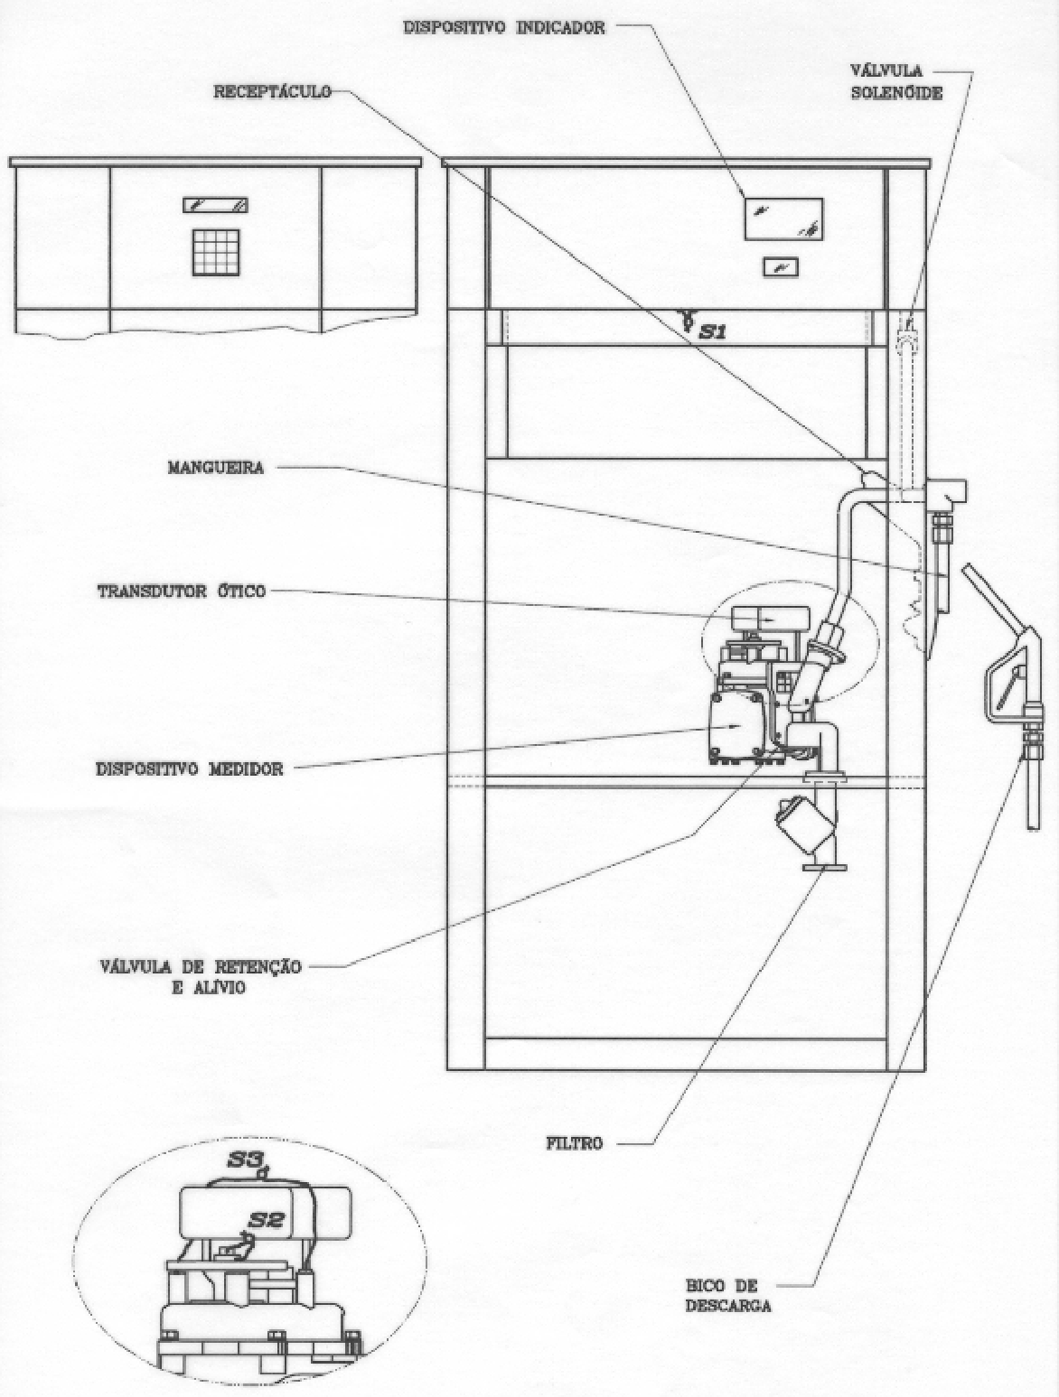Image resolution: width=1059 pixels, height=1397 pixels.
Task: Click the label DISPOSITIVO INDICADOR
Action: click(x=503, y=27)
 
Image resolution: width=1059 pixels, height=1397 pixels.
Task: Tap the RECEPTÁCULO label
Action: click(x=273, y=91)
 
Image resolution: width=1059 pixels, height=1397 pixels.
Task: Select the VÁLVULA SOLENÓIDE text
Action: click(x=896, y=81)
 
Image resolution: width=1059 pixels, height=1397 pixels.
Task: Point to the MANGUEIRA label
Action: click(x=215, y=467)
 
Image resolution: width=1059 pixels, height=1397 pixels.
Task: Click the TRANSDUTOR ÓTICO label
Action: click(x=181, y=591)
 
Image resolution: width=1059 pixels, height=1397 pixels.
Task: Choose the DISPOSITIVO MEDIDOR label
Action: click(x=189, y=768)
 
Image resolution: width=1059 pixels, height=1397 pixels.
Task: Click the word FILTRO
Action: click(x=574, y=1143)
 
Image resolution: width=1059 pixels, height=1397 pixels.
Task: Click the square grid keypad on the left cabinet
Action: click(x=216, y=252)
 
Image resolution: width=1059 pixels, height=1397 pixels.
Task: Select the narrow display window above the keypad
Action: click(x=215, y=205)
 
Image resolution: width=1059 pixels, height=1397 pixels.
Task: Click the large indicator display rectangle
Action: click(x=784, y=219)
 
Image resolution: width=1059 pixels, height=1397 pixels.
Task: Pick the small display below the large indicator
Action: click(x=781, y=266)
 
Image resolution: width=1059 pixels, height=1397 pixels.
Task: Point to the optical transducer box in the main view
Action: click(x=771, y=618)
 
